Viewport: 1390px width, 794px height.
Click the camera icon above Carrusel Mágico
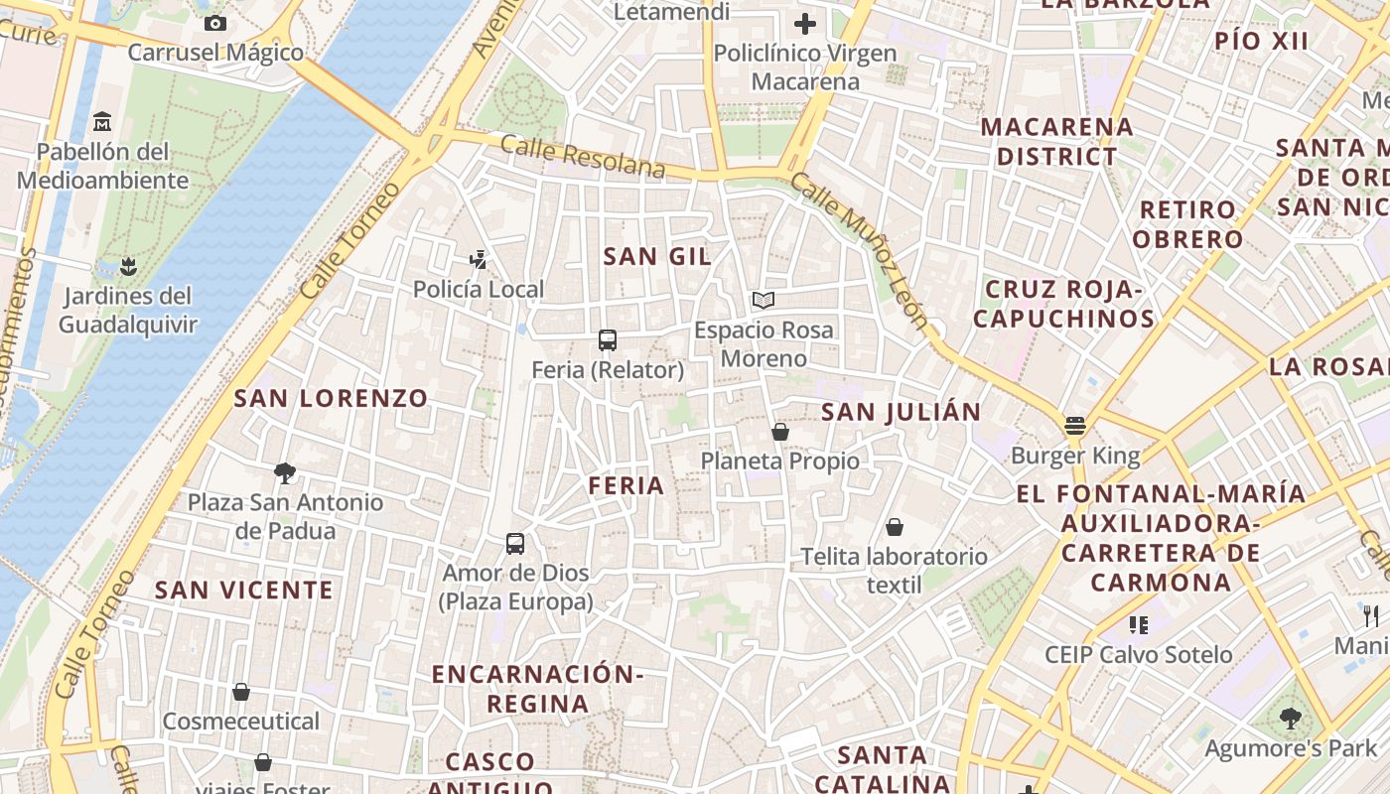click(214, 23)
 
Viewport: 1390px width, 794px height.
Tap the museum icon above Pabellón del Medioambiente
click(102, 122)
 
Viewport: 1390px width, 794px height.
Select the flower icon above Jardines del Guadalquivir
click(127, 266)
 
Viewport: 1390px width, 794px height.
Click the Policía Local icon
click(479, 260)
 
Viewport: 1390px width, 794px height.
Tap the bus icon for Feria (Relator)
click(608, 340)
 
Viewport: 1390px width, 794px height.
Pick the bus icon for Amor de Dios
click(515, 543)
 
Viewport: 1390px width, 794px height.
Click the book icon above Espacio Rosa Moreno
click(763, 300)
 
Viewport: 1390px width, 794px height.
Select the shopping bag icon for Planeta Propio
click(780, 432)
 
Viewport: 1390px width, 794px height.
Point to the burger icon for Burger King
click(1075, 427)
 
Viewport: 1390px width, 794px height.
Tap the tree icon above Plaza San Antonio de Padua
click(285, 472)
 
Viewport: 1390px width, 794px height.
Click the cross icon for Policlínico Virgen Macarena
click(805, 23)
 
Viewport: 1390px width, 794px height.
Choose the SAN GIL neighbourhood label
click(657, 256)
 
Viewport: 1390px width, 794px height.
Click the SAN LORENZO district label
click(331, 398)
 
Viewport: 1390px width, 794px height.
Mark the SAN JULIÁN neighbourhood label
click(902, 411)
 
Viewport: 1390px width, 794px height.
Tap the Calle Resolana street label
click(582, 158)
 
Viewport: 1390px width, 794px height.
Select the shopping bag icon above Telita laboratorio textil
click(895, 527)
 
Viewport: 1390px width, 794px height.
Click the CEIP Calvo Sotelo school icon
click(1138, 625)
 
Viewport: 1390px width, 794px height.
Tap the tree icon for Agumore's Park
click(1291, 718)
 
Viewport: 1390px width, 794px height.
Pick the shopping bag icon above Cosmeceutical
click(241, 692)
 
